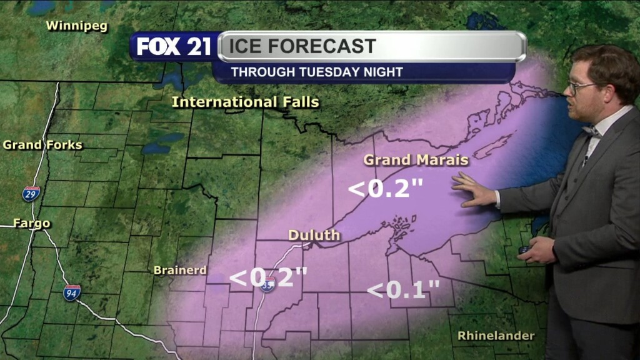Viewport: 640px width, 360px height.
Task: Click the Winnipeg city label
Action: click(x=77, y=26)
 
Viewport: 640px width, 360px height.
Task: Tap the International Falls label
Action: click(x=245, y=102)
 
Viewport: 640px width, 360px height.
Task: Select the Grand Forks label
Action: click(x=42, y=145)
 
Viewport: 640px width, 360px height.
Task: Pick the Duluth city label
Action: click(x=314, y=236)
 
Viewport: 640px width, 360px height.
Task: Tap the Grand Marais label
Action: click(x=416, y=160)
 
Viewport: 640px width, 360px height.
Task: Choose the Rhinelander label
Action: click(x=496, y=336)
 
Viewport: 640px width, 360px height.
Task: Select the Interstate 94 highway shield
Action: click(x=72, y=292)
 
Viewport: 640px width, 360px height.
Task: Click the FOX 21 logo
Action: click(x=174, y=47)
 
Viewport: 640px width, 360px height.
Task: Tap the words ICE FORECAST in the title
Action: click(x=302, y=46)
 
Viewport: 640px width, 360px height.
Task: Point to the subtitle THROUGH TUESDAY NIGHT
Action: click(x=317, y=72)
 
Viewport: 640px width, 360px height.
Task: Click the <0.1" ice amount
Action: click(x=403, y=290)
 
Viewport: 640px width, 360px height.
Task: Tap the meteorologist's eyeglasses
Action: click(x=579, y=87)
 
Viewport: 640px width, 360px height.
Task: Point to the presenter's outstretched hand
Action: click(x=474, y=190)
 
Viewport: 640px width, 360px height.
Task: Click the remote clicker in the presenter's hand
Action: click(x=524, y=250)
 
